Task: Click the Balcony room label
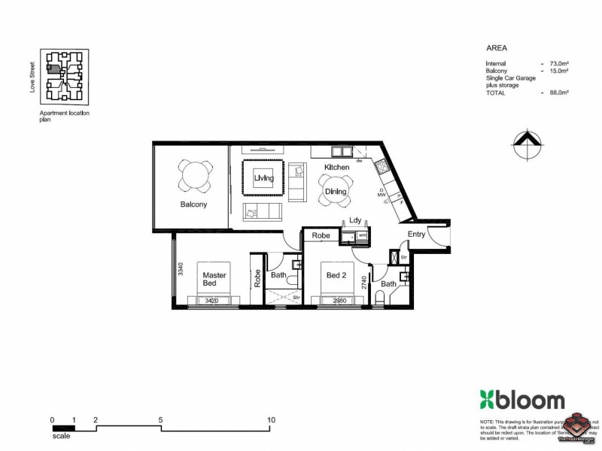[x=193, y=204]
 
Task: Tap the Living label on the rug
[x=263, y=178]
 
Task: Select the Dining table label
[x=336, y=192]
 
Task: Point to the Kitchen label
[x=336, y=166]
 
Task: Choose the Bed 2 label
[x=335, y=275]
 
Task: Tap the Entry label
[x=416, y=235]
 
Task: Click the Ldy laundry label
[x=355, y=220]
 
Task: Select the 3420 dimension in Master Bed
[x=214, y=300]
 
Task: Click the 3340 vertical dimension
[x=181, y=270]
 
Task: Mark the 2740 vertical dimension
[x=364, y=283]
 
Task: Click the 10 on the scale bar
[x=271, y=419]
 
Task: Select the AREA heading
[x=496, y=46]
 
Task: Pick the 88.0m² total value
[x=558, y=92]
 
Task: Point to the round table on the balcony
[x=194, y=177]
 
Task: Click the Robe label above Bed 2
[x=321, y=235]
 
